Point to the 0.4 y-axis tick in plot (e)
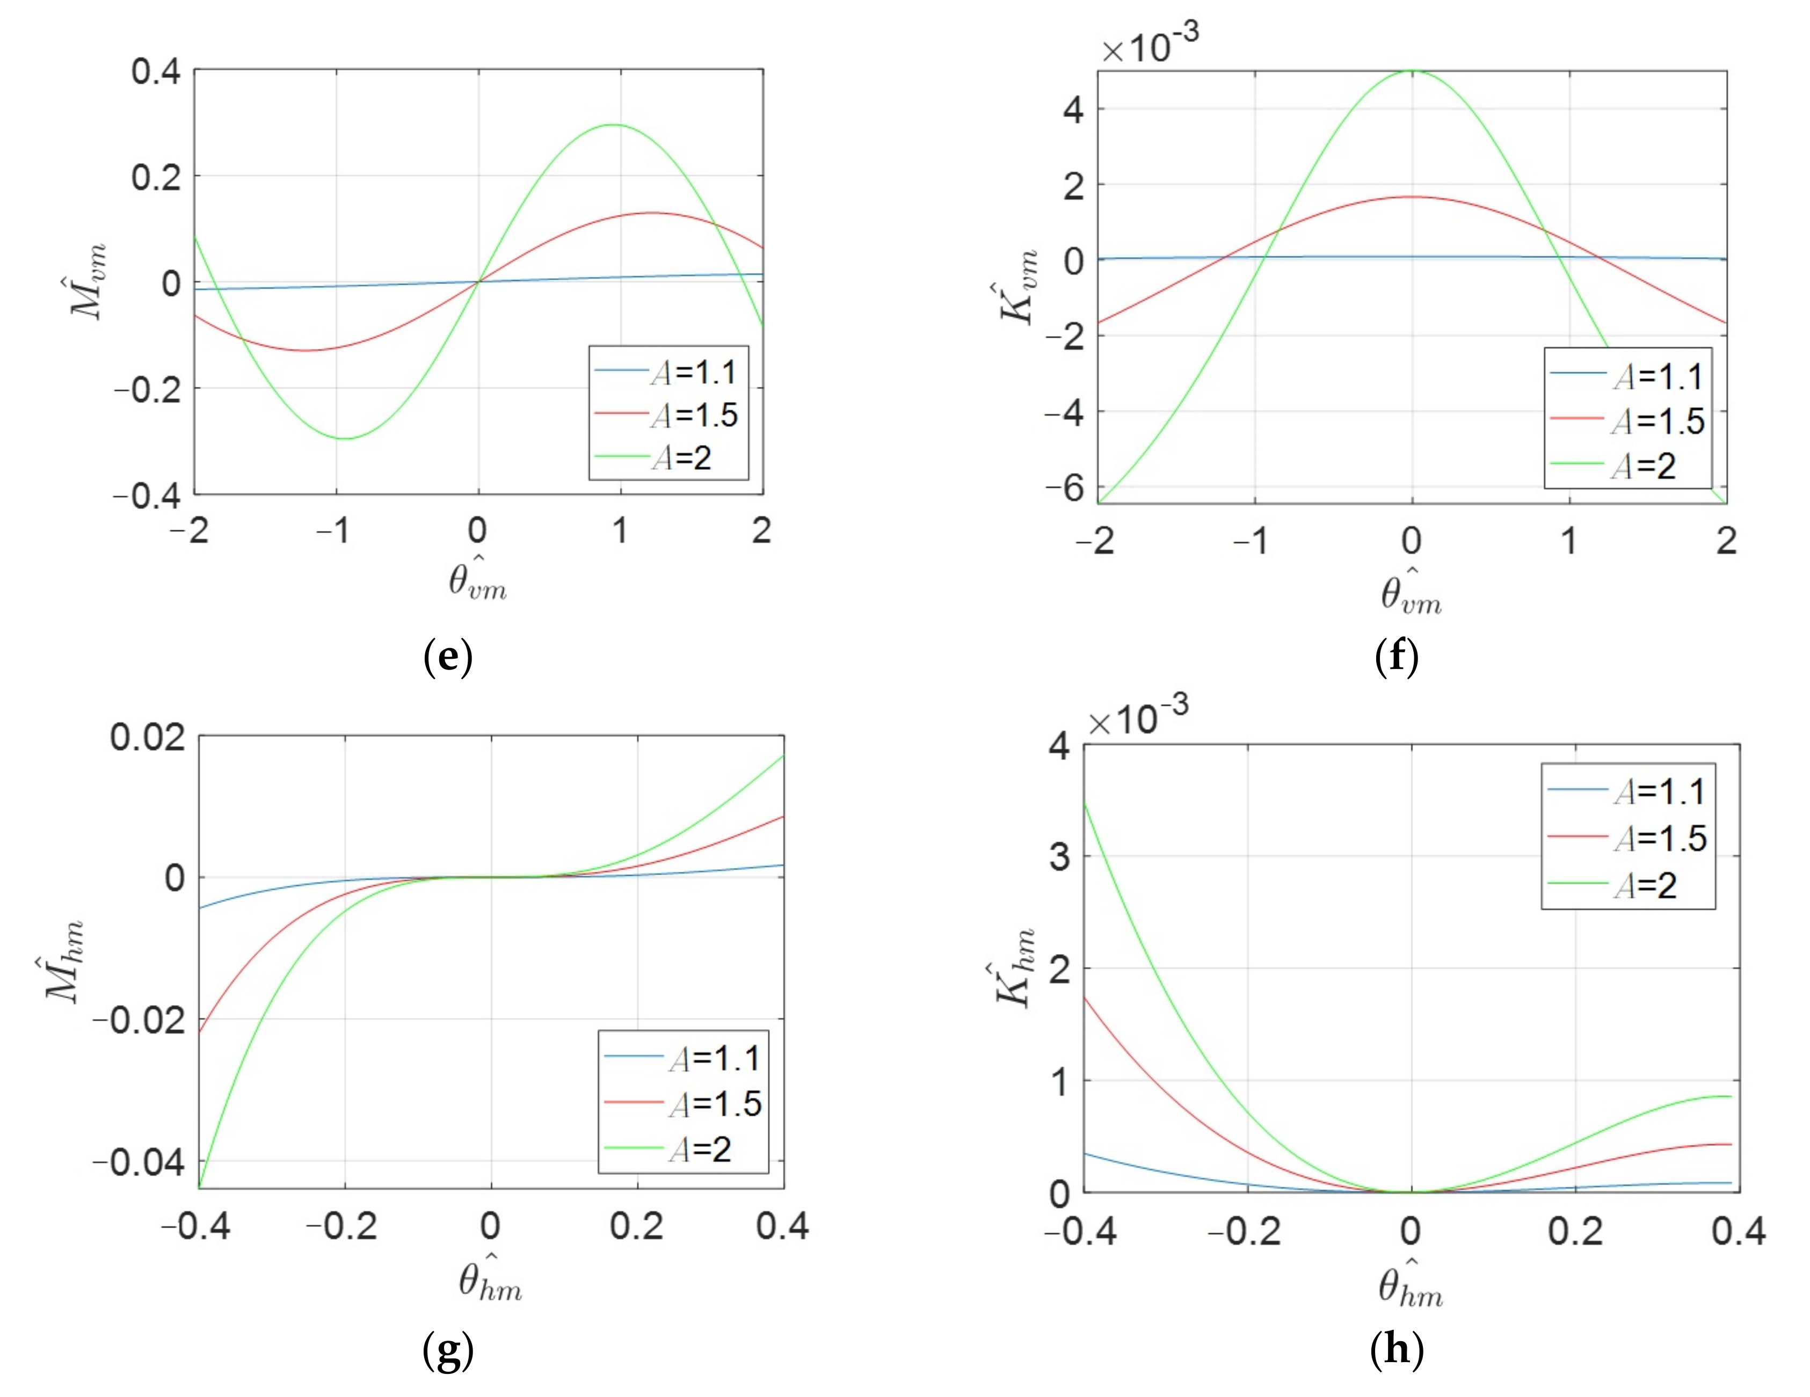click(x=156, y=71)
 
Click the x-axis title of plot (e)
click(x=477, y=579)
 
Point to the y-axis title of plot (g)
click(x=64, y=961)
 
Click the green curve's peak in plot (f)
click(x=1412, y=71)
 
